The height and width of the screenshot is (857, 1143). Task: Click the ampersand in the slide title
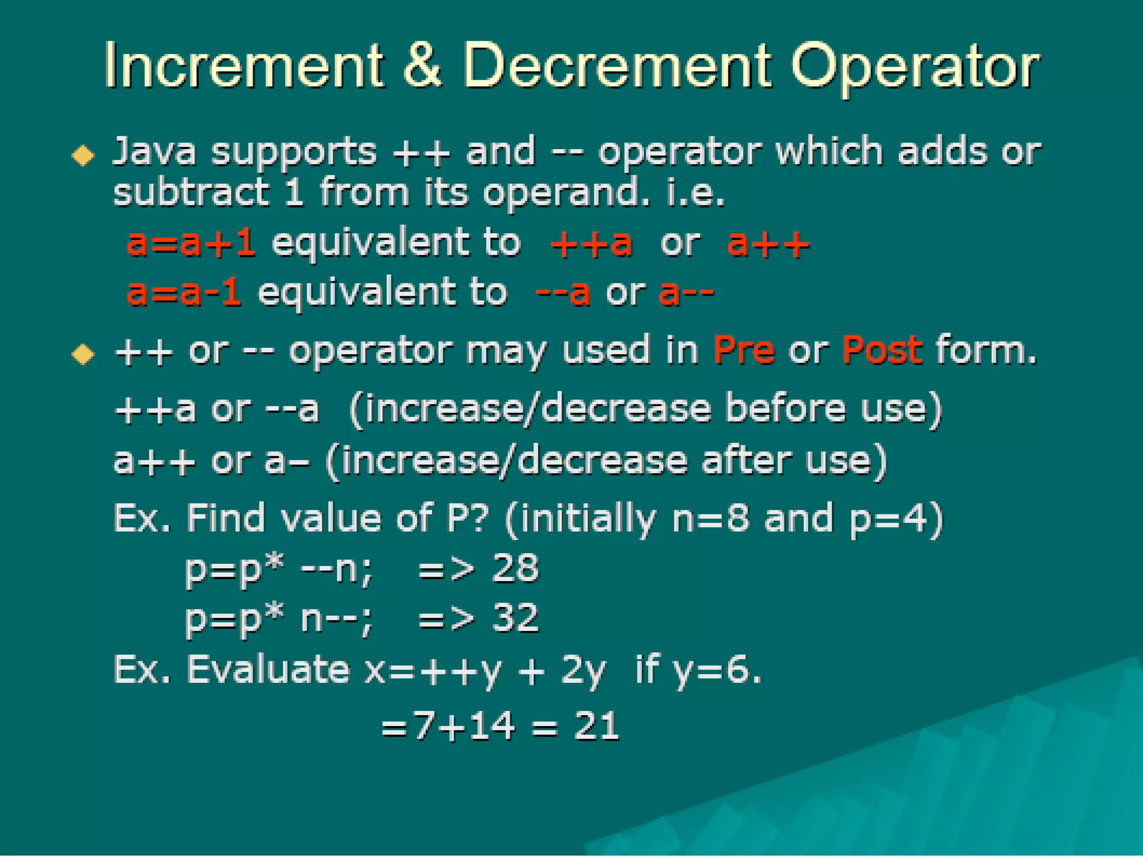[x=422, y=66]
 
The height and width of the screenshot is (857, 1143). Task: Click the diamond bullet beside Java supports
[x=83, y=155]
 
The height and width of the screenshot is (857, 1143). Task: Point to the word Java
[x=155, y=152]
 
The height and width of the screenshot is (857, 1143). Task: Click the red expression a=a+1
[x=191, y=243]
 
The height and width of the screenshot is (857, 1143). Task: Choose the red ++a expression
[x=592, y=243]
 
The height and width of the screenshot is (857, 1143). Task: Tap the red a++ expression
[x=768, y=243]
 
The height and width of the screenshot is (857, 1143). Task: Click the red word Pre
[x=744, y=350]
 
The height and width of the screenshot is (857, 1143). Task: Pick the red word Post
[x=882, y=350]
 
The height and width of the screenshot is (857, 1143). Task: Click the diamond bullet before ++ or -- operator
[x=83, y=354]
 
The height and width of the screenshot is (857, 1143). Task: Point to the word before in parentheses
[x=786, y=408]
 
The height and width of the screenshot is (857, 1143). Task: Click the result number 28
[x=515, y=569]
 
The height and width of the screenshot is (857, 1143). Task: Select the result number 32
[x=515, y=618]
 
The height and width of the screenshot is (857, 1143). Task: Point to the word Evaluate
[x=268, y=669]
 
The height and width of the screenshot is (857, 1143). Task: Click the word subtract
[x=191, y=192]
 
